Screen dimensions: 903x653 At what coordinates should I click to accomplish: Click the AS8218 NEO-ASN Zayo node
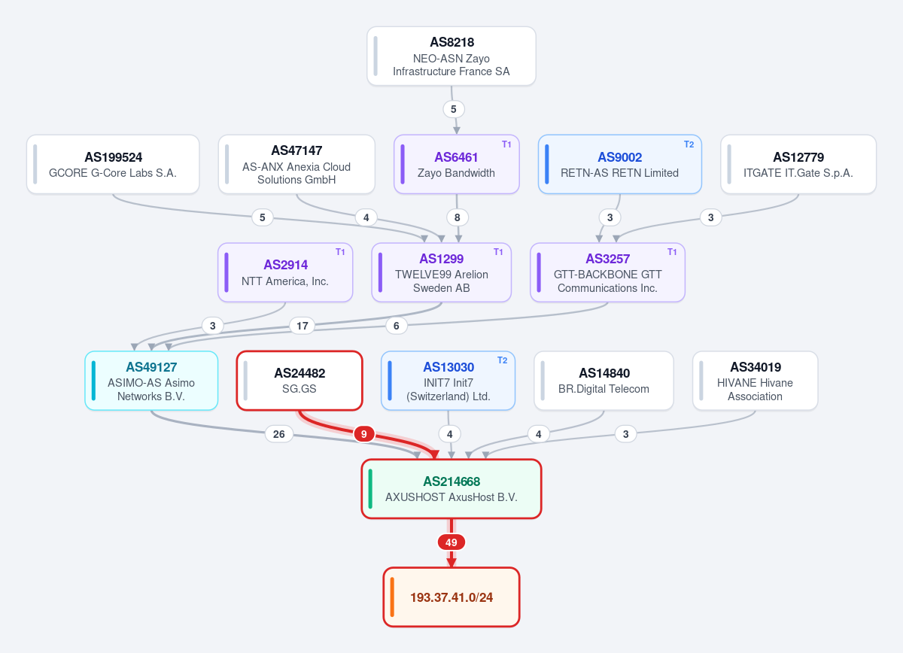pyautogui.click(x=451, y=56)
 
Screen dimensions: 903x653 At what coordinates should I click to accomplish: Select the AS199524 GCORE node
pyautogui.click(x=113, y=164)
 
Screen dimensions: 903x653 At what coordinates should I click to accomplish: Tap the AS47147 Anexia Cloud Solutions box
pyautogui.click(x=296, y=164)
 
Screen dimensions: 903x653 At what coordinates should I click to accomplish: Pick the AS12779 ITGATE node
pyautogui.click(x=798, y=164)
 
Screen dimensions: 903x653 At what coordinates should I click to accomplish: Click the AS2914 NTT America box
pyautogui.click(x=285, y=272)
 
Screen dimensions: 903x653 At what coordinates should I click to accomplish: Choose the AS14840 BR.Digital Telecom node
pyautogui.click(x=604, y=381)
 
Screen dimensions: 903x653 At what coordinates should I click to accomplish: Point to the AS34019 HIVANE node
pyautogui.click(x=755, y=381)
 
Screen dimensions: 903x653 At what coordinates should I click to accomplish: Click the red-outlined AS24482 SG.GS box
pyautogui.click(x=299, y=381)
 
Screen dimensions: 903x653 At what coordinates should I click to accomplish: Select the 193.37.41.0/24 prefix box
pyautogui.click(x=451, y=597)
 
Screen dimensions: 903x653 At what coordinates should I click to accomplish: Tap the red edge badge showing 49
pyautogui.click(x=451, y=542)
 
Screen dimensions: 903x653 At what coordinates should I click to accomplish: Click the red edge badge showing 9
pyautogui.click(x=364, y=434)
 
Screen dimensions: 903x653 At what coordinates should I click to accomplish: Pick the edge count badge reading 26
pyautogui.click(x=278, y=434)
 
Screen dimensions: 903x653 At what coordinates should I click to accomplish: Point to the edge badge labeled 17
pyautogui.click(x=303, y=326)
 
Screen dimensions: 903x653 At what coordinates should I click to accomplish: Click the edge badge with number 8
pyautogui.click(x=458, y=217)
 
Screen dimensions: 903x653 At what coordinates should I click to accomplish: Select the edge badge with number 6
pyautogui.click(x=397, y=326)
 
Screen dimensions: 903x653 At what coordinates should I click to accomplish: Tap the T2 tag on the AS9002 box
pyautogui.click(x=689, y=144)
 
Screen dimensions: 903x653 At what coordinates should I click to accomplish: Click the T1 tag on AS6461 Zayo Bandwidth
pyautogui.click(x=506, y=144)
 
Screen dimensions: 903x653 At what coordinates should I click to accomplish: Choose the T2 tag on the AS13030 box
pyautogui.click(x=503, y=360)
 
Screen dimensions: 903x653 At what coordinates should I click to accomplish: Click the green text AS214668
pyautogui.click(x=451, y=481)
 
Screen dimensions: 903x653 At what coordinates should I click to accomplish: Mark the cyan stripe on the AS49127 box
pyautogui.click(x=93, y=381)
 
